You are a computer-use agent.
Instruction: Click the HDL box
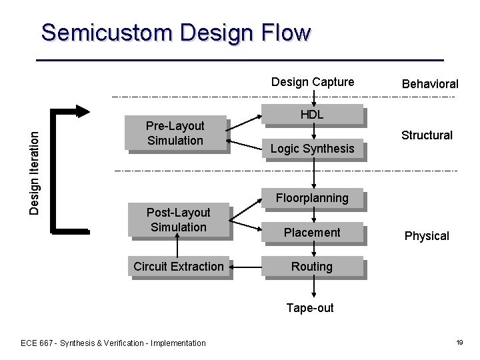pos(312,115)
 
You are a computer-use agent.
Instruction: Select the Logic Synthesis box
pos(312,148)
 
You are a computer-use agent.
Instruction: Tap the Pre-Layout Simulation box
pos(175,133)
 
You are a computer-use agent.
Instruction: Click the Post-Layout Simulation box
pos(179,220)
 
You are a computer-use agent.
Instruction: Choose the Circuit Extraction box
pos(179,267)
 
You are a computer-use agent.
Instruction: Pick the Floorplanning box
pos(312,198)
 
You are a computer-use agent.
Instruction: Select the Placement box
pos(312,233)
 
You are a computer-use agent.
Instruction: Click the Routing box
pos(312,267)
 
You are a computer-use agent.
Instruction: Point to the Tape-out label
pos(310,308)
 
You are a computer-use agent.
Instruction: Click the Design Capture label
pos(313,82)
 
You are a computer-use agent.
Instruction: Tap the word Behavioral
pos(430,84)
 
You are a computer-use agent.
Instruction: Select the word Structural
pos(427,135)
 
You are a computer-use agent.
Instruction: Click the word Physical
pos(427,236)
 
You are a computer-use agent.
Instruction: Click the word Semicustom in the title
pos(107,33)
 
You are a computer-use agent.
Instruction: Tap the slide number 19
pos(459,343)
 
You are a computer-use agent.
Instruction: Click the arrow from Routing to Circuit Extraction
pos(247,267)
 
